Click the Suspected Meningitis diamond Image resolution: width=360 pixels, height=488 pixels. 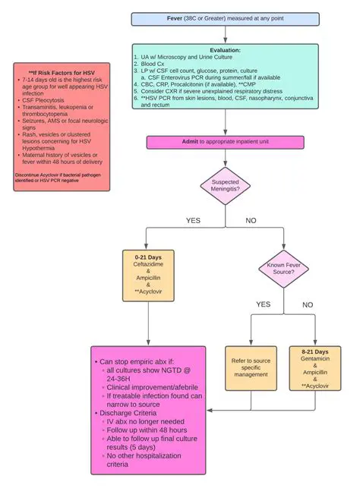pyautogui.click(x=225, y=185)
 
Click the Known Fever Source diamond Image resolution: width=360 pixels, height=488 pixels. pyautogui.click(x=283, y=270)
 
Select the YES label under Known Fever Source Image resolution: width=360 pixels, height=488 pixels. pyautogui.click(x=263, y=304)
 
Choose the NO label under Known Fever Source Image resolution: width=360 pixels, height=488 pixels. pyautogui.click(x=308, y=304)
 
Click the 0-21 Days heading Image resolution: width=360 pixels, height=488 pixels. pyautogui.click(x=149, y=257)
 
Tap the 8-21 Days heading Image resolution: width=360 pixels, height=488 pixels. pyautogui.click(x=314, y=352)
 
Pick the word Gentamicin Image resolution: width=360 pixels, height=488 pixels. pyautogui.click(x=314, y=361)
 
